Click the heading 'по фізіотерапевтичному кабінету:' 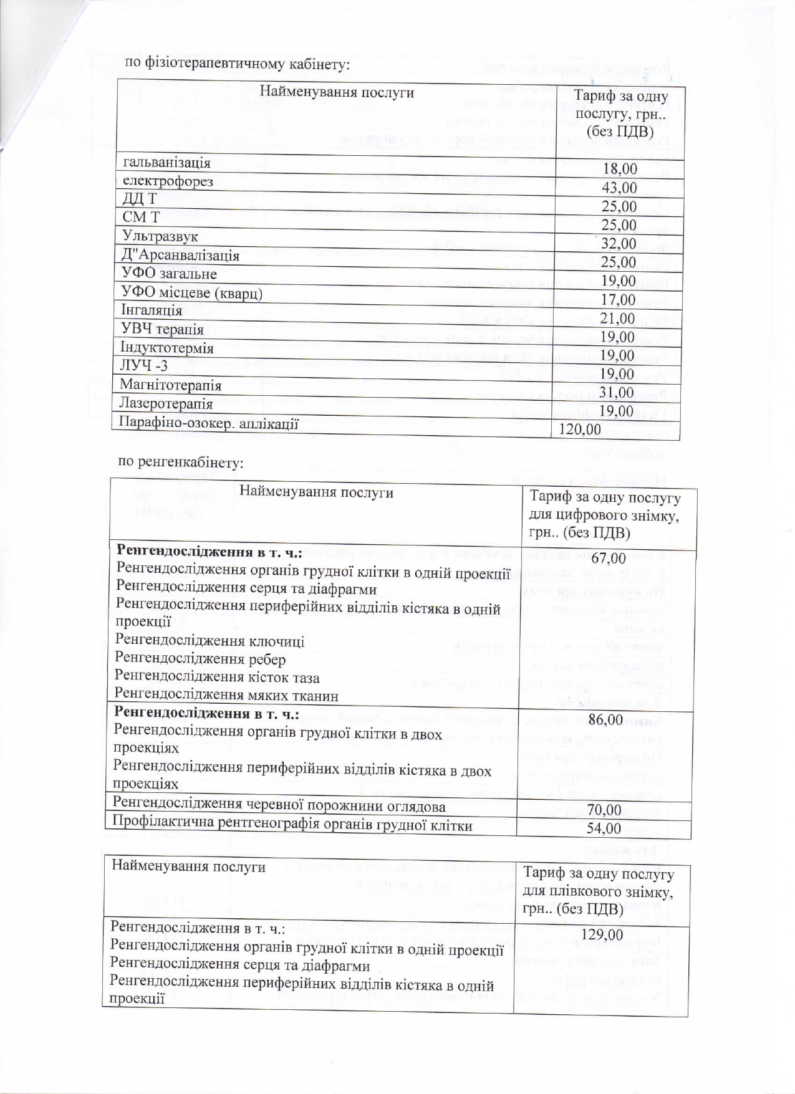[237, 63]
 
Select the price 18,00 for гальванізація [619, 169]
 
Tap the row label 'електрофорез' [168, 181]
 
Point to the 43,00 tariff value [619, 188]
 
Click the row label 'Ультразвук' [160, 236]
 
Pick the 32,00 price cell [619, 243]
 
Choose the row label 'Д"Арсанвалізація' [180, 255]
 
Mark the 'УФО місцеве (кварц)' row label [191, 292]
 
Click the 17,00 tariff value [618, 299]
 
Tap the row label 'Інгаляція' [152, 310]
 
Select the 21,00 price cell [618, 318]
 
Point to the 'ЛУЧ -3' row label [144, 366]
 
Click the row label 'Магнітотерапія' [170, 385]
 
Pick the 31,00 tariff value [617, 393]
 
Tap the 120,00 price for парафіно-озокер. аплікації [580, 429]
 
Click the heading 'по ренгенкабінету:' [180, 462]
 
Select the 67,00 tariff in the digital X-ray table [608, 558]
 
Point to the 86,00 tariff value [605, 719]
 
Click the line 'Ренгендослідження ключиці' [210, 641]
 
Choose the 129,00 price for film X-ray [602, 934]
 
